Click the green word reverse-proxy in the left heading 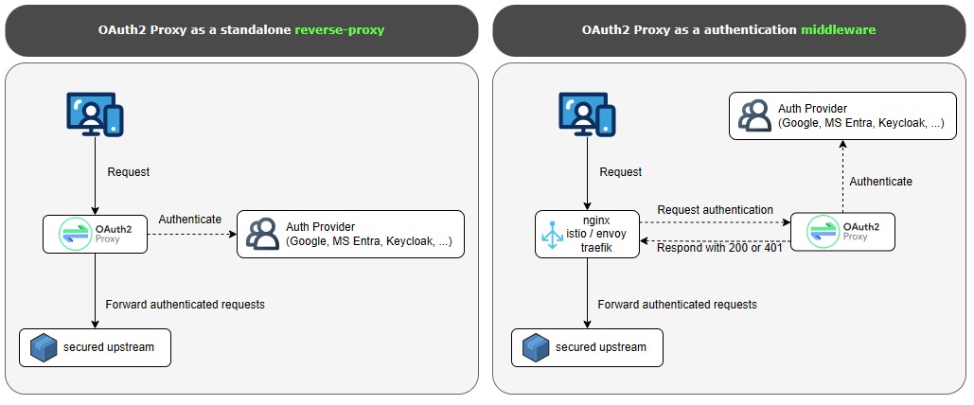(x=340, y=30)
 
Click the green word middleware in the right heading (x=838, y=30)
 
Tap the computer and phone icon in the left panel (x=95, y=114)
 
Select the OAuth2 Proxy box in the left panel (x=95, y=234)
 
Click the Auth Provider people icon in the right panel (x=754, y=114)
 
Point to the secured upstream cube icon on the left (x=44, y=348)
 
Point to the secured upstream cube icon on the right (x=536, y=348)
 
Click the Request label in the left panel (x=129, y=172)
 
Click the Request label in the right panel (x=621, y=172)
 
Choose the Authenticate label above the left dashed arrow (x=189, y=220)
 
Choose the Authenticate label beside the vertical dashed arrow (x=880, y=181)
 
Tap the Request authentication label (x=715, y=210)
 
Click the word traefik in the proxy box (x=597, y=247)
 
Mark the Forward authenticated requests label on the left (x=186, y=305)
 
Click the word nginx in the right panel (x=597, y=217)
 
